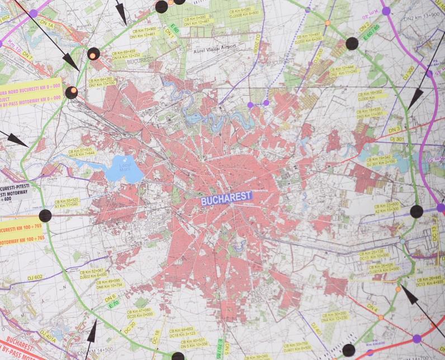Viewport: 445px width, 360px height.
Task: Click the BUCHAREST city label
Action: (226, 197)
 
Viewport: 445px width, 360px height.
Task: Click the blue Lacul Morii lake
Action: (123, 168)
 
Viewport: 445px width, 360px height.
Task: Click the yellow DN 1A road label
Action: (46, 25)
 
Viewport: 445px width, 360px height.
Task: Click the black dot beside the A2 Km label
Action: (416, 211)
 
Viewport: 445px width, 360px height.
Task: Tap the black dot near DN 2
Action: (352, 43)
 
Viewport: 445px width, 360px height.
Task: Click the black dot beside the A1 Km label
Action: (45, 216)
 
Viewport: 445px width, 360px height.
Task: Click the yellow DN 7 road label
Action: (27, 55)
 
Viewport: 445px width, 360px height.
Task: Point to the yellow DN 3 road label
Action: (394, 130)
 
